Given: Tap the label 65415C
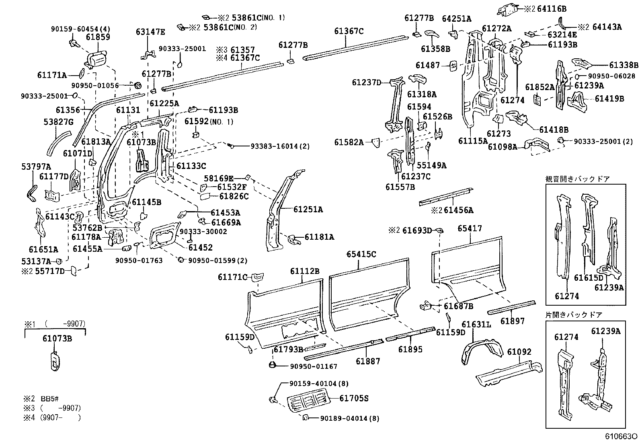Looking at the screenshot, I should point(361,254).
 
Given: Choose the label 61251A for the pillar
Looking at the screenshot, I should point(308,210).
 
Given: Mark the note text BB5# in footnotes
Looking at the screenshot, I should point(50,399).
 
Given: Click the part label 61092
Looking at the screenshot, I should point(519,352).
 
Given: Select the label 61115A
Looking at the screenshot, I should point(472,141).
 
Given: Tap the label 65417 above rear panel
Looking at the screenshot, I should point(470,228).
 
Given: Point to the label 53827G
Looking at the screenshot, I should point(58,122).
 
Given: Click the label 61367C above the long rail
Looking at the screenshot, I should point(349,31).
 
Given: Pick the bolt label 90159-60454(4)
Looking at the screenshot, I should point(80,29).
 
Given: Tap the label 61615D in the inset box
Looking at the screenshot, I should point(588,278).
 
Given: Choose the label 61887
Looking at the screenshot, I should point(367,361).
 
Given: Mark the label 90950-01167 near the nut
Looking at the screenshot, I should point(313,366).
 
